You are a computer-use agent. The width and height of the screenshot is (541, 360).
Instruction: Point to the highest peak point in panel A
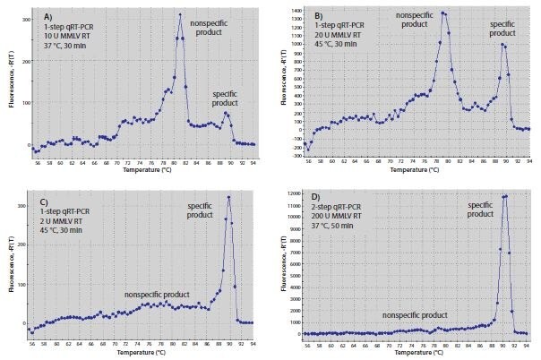[x=180, y=14]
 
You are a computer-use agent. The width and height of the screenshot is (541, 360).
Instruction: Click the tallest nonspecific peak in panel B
[x=444, y=13]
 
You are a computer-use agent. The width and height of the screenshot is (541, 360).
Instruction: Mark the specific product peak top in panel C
[x=230, y=197]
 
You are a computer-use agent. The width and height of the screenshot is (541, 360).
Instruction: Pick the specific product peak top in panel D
[x=505, y=196]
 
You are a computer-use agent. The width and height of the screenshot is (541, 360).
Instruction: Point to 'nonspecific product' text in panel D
[x=414, y=315]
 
